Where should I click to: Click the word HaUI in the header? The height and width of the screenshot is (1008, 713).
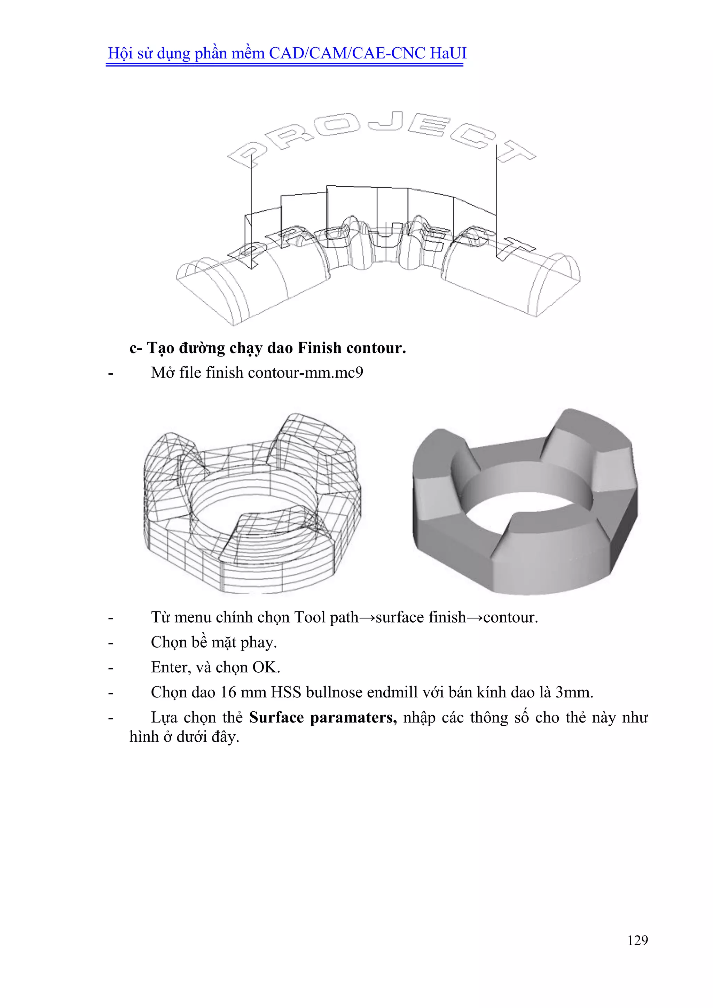click(x=448, y=53)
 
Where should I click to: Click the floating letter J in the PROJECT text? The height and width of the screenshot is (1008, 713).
click(x=386, y=121)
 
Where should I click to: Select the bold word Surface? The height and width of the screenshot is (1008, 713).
click(x=276, y=717)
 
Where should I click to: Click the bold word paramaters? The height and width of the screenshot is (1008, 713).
click(x=353, y=717)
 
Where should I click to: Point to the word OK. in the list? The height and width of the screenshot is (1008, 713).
click(x=266, y=667)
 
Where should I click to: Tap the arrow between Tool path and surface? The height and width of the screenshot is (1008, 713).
click(x=367, y=618)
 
